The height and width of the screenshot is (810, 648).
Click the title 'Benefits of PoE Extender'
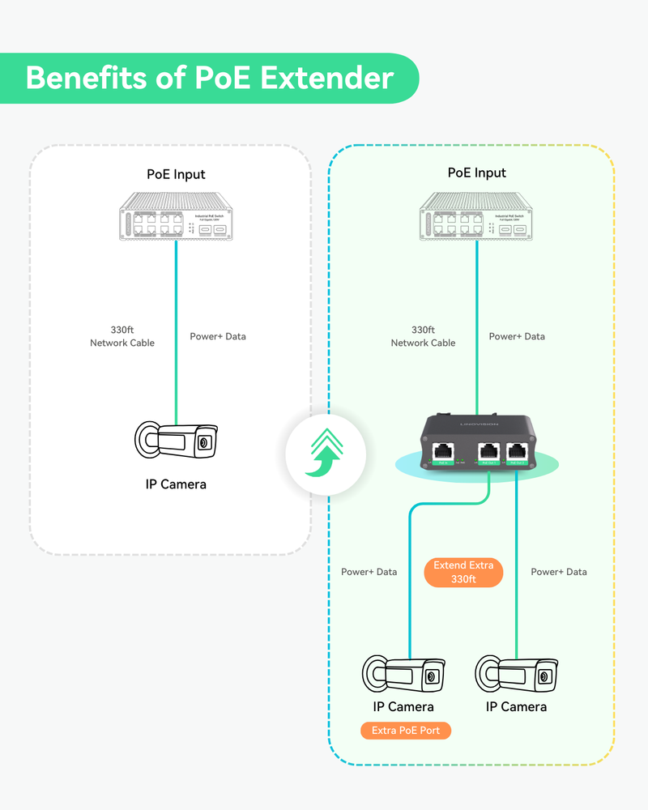[209, 78]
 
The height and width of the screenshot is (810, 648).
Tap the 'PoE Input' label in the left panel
[176, 174]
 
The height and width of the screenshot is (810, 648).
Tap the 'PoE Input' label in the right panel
[476, 173]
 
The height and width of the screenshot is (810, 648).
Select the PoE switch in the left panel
[176, 217]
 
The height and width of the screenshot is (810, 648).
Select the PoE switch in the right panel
[476, 216]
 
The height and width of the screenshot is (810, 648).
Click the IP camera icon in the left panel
[176, 441]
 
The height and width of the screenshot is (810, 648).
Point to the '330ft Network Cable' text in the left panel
[122, 336]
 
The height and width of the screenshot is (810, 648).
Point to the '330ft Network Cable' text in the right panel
[423, 336]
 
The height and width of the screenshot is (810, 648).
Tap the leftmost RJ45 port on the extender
[443, 451]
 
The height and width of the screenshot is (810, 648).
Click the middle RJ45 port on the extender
[488, 451]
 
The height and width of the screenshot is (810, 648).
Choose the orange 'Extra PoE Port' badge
[405, 731]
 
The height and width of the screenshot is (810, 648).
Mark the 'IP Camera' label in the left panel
[176, 484]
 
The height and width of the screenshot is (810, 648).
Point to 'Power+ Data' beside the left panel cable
[218, 336]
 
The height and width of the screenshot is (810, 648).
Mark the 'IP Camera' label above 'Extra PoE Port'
[403, 707]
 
